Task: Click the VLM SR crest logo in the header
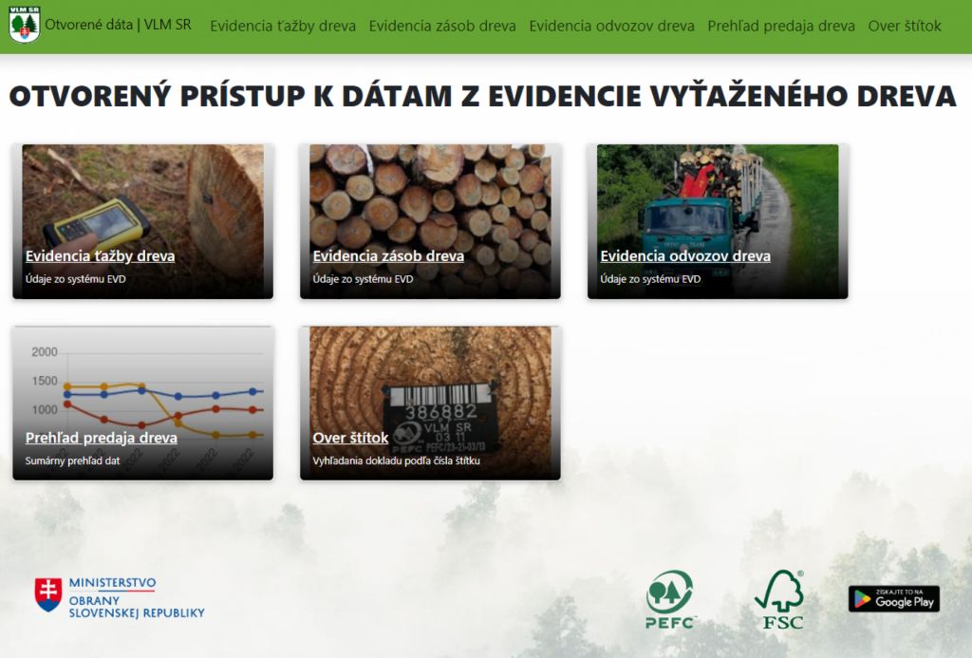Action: coord(24,25)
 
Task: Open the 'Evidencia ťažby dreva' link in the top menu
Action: coord(283,26)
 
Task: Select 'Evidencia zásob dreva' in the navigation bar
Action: coord(442,26)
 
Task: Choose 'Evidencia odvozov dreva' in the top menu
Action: coord(611,26)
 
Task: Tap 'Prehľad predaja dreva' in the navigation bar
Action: coord(781,26)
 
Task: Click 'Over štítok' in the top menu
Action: coord(905,26)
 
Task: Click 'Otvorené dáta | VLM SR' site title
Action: coord(118,25)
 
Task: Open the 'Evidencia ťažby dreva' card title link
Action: coord(100,255)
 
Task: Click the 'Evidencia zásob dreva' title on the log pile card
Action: coord(388,255)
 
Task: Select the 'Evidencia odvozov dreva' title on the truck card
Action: coord(685,255)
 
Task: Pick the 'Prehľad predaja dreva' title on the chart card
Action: coord(101,437)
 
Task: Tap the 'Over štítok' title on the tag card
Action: coord(350,437)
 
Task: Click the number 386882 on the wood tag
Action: coord(440,412)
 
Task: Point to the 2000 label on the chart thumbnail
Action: coord(45,352)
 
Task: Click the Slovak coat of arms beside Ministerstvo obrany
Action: coord(48,594)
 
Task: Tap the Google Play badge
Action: coord(894,599)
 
